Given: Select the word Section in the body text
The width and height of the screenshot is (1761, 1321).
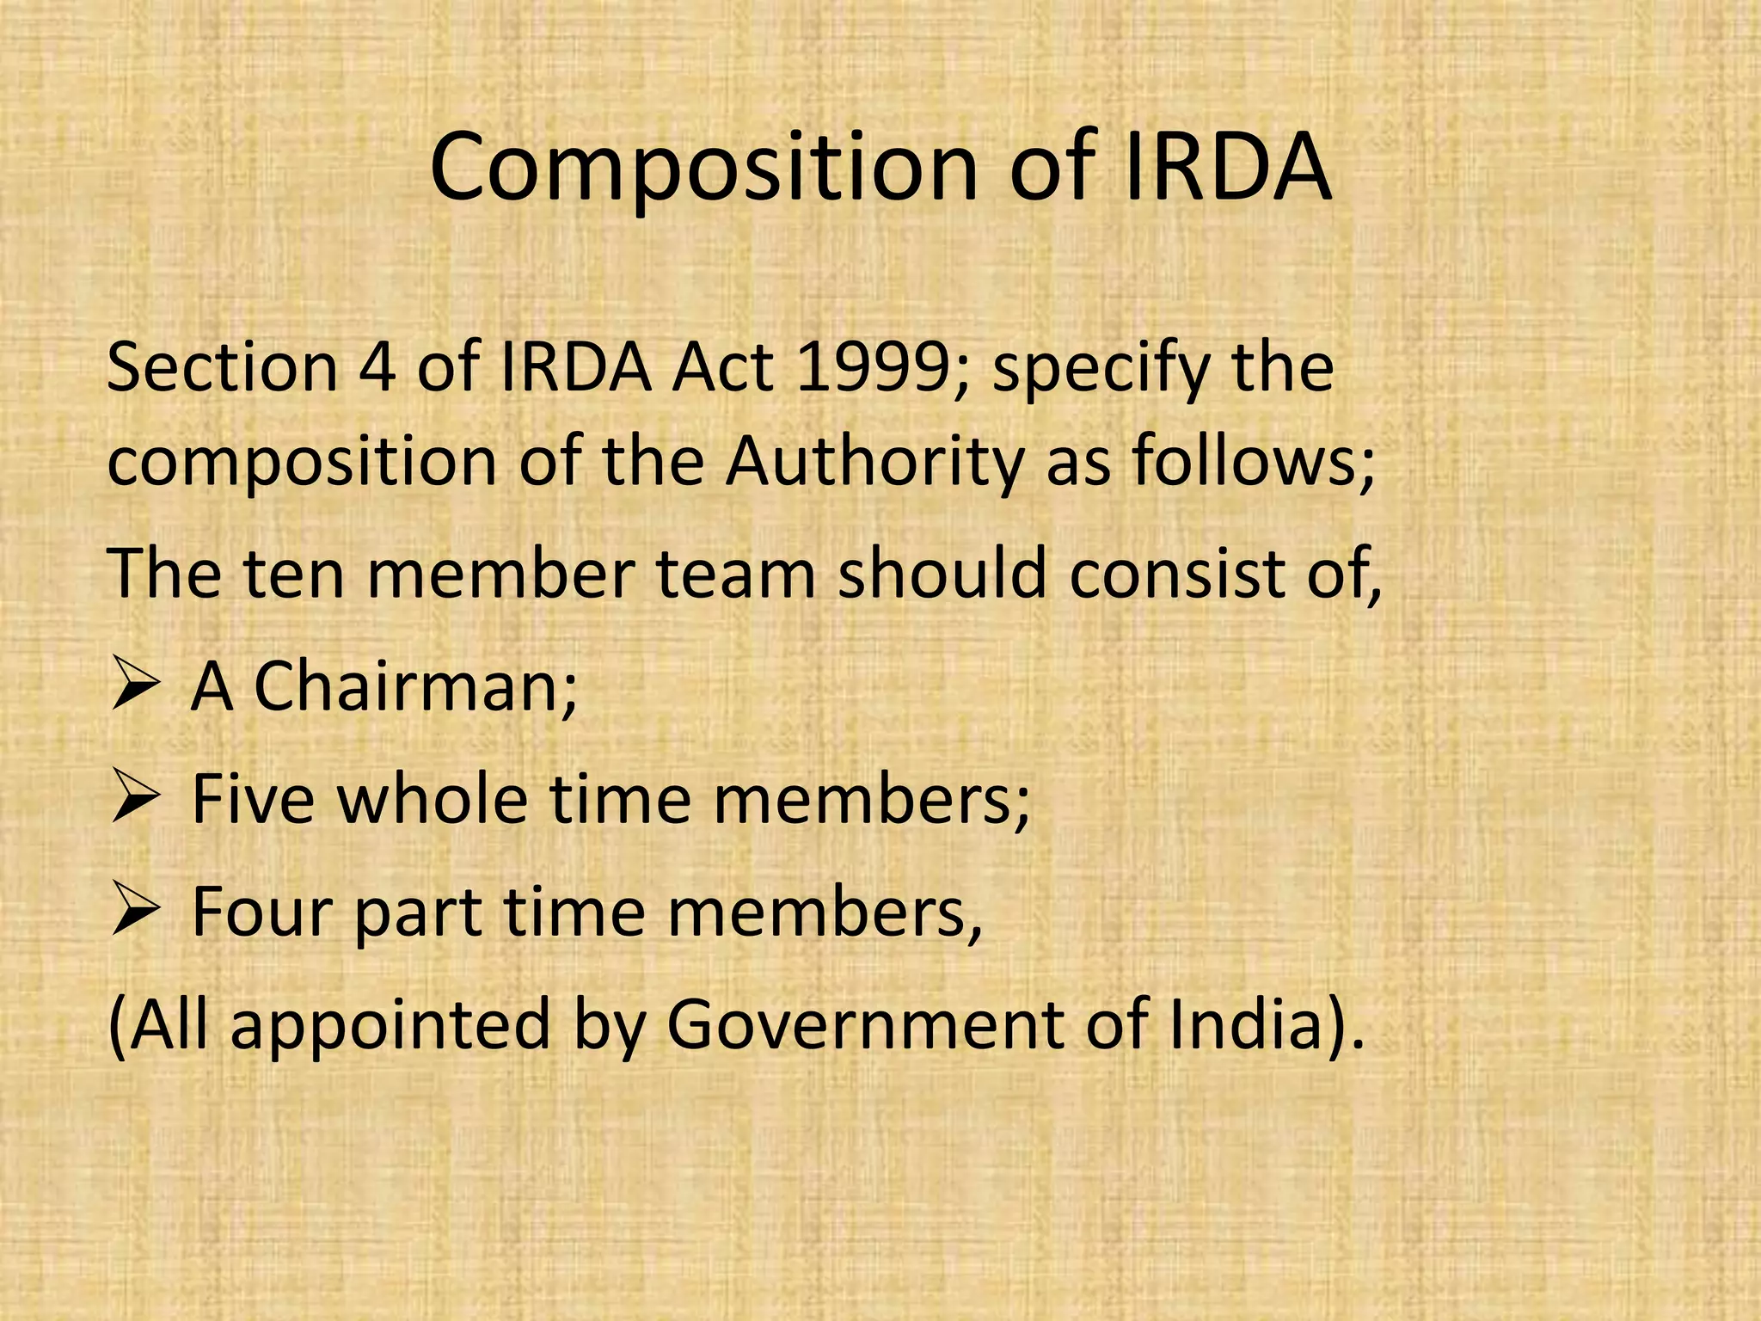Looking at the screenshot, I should (222, 368).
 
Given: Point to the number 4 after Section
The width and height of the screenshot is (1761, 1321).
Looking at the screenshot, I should (377, 368).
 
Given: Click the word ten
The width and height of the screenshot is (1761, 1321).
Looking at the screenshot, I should (292, 574).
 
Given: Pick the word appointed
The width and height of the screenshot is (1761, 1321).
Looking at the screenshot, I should (390, 1027).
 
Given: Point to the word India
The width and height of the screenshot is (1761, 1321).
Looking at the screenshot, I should (1256, 1025).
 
